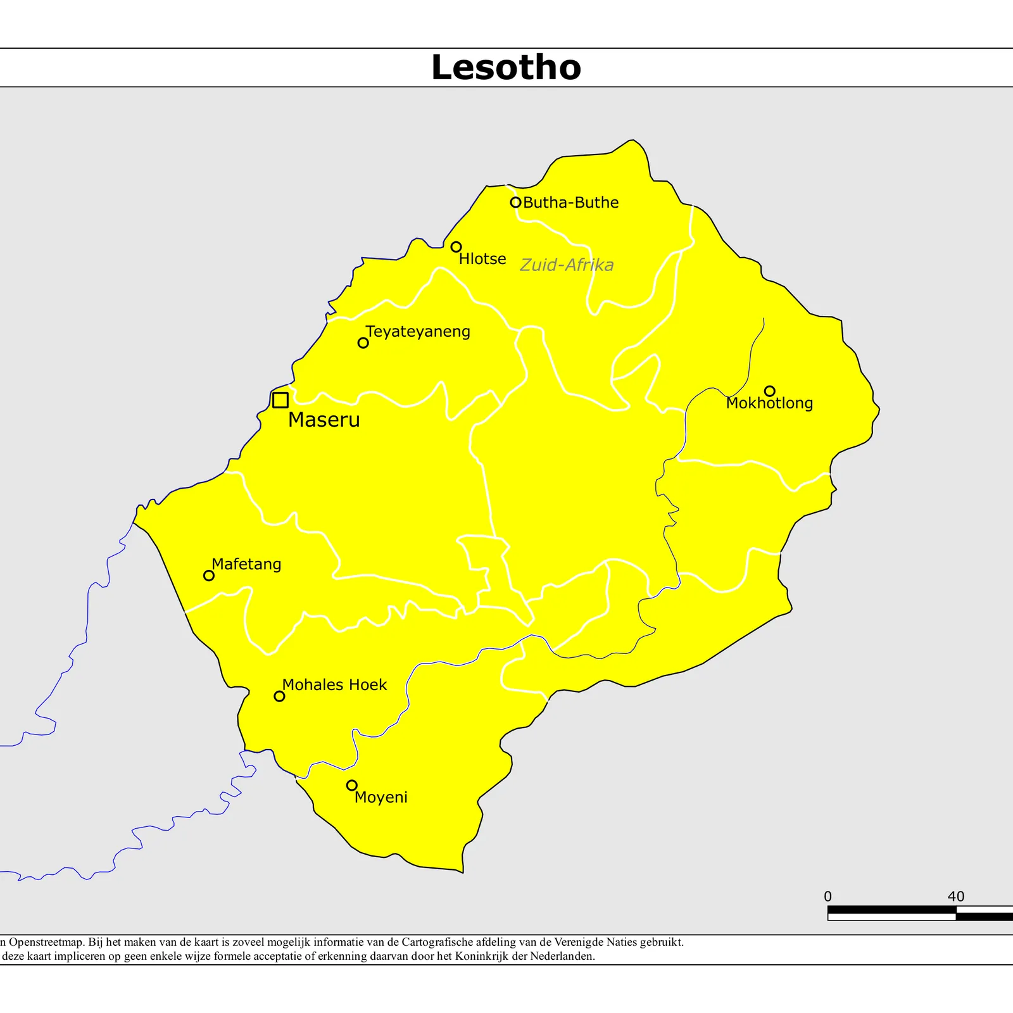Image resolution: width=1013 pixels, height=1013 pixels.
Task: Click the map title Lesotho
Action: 506,67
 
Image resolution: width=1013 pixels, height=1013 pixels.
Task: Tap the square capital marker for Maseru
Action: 280,400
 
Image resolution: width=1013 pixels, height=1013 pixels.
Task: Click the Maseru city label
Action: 324,420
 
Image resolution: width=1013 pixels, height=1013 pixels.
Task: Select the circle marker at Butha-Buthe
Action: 515,203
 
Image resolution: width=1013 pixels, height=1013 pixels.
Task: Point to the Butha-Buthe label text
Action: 570,203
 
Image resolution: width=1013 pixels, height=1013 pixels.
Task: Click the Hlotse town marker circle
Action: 456,247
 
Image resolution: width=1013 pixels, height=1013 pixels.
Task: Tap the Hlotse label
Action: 482,259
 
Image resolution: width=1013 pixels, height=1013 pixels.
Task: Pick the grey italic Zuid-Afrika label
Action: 567,265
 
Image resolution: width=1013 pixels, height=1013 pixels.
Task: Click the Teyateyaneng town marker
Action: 363,343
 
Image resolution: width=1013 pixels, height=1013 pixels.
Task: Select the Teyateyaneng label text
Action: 418,332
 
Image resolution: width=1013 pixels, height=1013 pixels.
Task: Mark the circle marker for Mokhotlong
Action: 769,391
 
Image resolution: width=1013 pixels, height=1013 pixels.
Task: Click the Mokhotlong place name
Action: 769,403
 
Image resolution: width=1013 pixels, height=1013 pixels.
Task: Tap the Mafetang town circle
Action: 208,576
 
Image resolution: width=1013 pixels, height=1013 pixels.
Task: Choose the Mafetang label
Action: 246,564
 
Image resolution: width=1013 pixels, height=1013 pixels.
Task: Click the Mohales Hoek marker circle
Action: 279,696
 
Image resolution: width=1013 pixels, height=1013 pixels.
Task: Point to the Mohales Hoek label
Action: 334,685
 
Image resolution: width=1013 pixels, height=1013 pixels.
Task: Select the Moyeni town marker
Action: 351,785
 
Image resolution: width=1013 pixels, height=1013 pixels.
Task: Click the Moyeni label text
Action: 381,797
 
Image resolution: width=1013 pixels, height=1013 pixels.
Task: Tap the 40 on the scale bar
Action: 955,897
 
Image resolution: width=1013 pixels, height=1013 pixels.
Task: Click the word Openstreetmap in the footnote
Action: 46,942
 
